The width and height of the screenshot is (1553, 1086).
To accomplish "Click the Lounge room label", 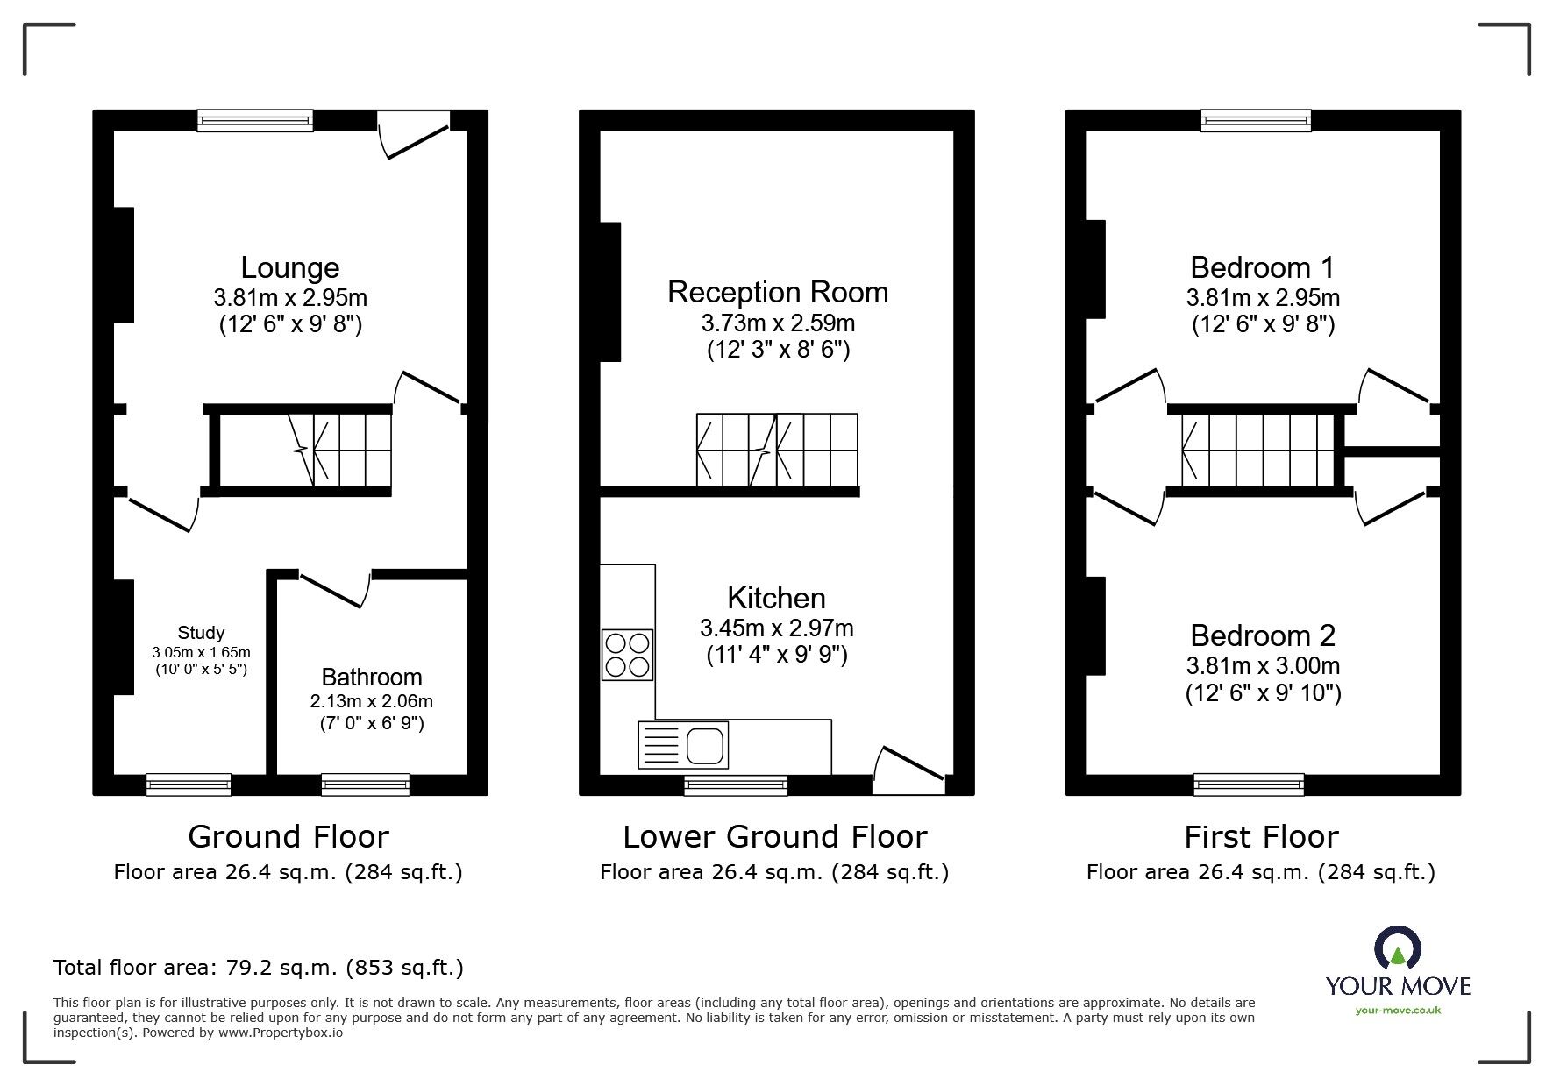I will click(x=289, y=267).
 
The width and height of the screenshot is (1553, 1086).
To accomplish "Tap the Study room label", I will click(x=201, y=633).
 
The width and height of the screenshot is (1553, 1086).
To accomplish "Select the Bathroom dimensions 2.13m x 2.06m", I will click(x=371, y=701).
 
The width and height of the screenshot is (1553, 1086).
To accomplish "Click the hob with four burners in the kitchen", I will click(x=627, y=655).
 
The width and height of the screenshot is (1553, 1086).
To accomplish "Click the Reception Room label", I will click(x=778, y=292).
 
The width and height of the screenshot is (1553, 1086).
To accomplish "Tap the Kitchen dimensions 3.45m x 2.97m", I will click(x=776, y=628).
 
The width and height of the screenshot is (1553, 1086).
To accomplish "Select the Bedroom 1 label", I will click(x=1262, y=267).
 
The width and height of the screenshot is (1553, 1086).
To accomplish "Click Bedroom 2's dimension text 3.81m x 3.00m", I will click(x=1263, y=665).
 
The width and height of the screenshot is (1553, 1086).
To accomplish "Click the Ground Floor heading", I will click(x=288, y=837).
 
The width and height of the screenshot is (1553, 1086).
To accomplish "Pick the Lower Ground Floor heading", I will click(x=774, y=837).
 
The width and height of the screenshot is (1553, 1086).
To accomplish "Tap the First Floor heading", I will click(x=1261, y=837).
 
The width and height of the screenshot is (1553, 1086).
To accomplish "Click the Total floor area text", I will click(x=259, y=968).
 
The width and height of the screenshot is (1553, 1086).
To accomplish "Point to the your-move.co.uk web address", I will click(x=1398, y=1010).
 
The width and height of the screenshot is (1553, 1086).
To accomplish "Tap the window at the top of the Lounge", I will click(x=254, y=121).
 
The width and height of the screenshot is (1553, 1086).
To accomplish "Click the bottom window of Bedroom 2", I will click(x=1248, y=784).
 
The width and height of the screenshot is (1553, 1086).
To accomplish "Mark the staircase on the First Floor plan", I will click(x=1254, y=451).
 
